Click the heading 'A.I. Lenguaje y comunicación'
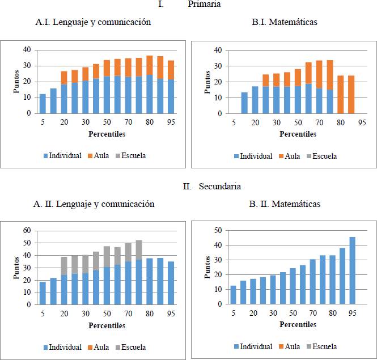coord(92,23)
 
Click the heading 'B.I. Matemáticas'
coord(284,23)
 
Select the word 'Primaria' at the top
coord(205,4)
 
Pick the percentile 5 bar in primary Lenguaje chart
coord(43,104)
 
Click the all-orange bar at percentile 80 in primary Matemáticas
coord(341,95)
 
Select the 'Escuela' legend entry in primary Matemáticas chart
coord(321,156)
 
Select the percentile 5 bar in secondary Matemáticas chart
coord(233,295)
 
